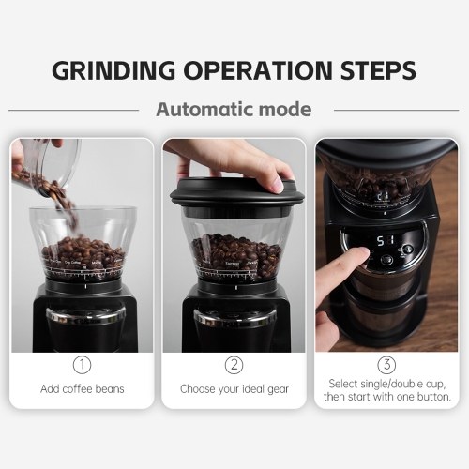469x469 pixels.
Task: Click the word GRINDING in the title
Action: coord(113,70)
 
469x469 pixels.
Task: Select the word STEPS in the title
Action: coord(378,70)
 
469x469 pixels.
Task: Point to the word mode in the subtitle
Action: coord(285,110)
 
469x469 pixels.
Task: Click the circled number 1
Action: coord(82,365)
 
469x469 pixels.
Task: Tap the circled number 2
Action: coord(234,365)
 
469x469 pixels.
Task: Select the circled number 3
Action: coord(386,365)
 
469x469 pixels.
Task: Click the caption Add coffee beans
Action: coord(83,389)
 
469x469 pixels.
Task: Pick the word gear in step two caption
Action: coord(278,389)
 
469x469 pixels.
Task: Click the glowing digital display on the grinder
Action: coord(385,241)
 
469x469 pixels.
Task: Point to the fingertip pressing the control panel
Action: coord(363,252)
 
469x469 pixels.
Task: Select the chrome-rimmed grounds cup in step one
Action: coord(85,330)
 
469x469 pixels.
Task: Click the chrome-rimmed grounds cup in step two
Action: coord(235,330)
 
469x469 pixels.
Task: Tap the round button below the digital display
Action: coord(386,260)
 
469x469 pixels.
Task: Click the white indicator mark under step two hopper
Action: coord(236,287)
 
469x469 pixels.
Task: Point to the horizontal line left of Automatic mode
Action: coord(73,110)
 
